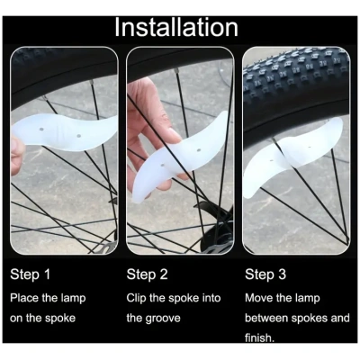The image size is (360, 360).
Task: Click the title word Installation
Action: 176,28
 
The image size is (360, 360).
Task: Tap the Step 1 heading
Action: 30,274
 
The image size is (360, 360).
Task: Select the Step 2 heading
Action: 147,274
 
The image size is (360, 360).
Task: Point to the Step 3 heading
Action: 265,274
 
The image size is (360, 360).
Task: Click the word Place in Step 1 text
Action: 24,298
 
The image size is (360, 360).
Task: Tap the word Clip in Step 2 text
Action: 136,298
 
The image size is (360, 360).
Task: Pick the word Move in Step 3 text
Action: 259,298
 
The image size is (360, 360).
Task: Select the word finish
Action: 259,338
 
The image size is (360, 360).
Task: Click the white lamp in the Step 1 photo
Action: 65,132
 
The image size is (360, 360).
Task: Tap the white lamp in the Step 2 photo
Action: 179,156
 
